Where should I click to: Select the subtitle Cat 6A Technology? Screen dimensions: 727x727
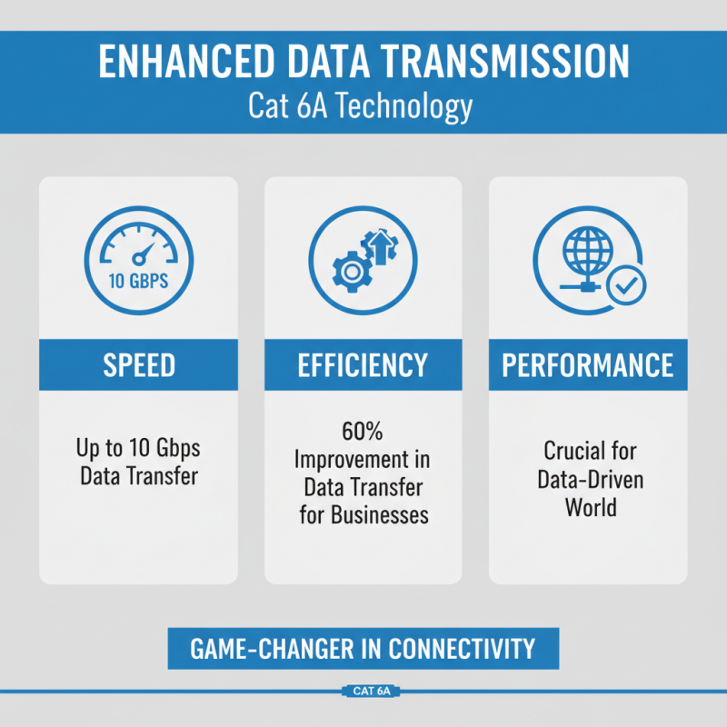(361, 105)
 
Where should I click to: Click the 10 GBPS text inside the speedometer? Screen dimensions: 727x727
(138, 281)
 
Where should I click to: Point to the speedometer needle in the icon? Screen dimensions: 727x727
(143, 252)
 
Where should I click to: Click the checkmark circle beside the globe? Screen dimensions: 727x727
(626, 285)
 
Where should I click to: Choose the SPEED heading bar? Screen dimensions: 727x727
(138, 365)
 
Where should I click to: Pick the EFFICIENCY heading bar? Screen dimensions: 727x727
(363, 365)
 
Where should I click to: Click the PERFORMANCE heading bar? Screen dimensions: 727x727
(588, 365)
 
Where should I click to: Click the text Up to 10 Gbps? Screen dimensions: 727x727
(138, 448)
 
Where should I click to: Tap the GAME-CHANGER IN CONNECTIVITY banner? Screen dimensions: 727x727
(363, 649)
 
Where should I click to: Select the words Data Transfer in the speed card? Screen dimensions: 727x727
(138, 475)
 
